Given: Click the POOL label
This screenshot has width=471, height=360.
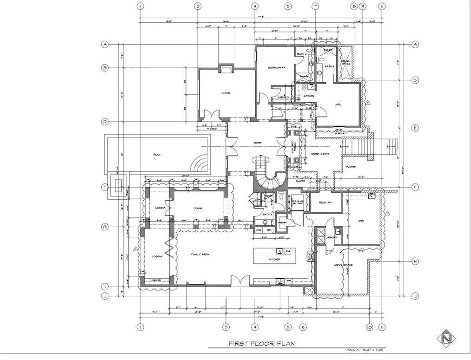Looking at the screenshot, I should coord(157,155).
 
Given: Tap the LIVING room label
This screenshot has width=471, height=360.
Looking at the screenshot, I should coord(226,93).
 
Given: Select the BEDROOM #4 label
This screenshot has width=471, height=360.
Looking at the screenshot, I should coord(276,68).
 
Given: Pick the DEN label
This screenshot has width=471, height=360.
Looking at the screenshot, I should coord(360,221).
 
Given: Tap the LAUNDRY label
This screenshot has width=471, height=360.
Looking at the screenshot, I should coord(332,237).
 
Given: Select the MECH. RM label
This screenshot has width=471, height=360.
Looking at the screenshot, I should coord(325,203).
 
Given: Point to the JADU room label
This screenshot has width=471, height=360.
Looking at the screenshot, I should coord(338,105).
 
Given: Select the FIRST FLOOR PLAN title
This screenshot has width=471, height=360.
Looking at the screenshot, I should coord(260,344).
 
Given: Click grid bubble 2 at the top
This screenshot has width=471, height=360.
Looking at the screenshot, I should coord(198,6).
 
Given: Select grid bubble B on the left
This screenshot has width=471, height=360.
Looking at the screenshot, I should coord(105,68).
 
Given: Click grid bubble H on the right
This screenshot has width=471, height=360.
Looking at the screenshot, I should coord(415,261).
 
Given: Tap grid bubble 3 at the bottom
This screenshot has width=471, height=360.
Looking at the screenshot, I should coord(226,327).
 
